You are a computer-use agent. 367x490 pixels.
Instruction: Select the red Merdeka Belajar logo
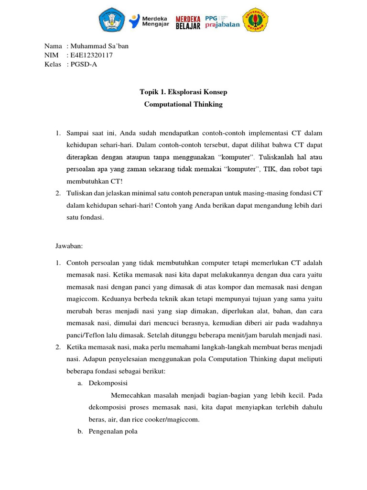coord(187,21)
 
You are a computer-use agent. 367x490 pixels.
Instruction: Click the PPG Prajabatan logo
coord(222,21)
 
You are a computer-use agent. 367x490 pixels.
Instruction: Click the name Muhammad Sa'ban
coord(99,46)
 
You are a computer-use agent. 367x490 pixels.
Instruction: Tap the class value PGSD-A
coord(84,65)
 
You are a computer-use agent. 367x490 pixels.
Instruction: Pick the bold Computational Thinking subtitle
coord(183,104)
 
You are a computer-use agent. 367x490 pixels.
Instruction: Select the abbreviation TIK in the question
coord(268,169)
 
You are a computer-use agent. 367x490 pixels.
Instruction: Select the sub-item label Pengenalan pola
coord(113,432)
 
